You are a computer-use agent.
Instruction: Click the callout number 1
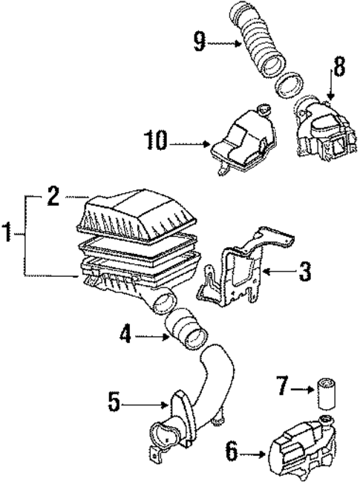pos(9,236)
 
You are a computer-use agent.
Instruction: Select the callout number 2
pos(53,196)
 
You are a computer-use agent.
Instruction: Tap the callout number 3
pos(304,272)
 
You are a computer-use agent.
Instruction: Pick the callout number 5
pos(114,402)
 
